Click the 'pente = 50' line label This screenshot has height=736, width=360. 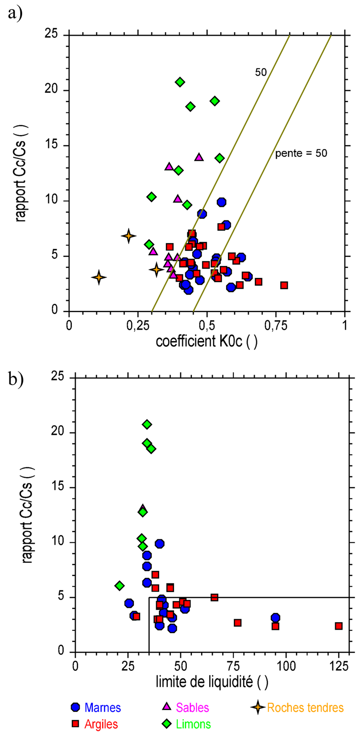pos(301,154)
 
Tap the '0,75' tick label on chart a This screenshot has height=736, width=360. pos(275,326)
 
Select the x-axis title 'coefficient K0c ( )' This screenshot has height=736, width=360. pos(206,342)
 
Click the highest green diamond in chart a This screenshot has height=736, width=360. pos(180,82)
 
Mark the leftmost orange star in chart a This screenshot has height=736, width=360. pos(99,277)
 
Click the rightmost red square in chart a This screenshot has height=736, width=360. pos(284,285)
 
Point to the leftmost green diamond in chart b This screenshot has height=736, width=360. pos(120,585)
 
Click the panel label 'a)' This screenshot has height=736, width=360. pos(15,14)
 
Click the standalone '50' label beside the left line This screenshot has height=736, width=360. pos(261,72)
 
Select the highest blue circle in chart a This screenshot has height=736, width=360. pos(221,202)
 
